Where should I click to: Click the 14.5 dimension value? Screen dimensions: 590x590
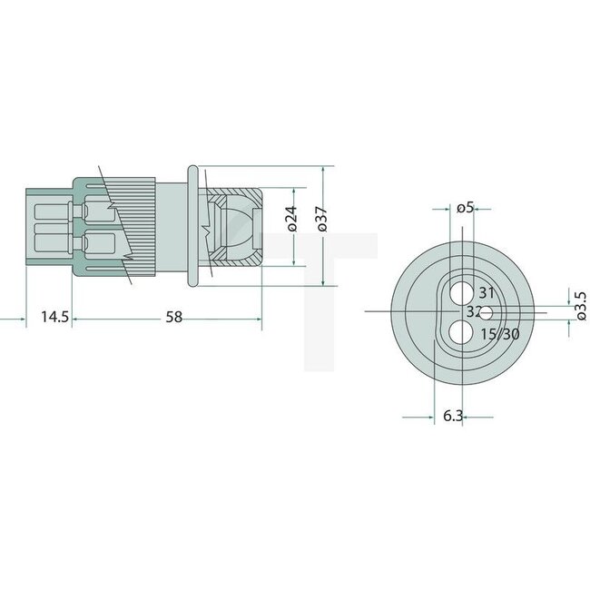(54, 317)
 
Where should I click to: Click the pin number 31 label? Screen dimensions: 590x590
(487, 292)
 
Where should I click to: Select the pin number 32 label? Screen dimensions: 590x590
(473, 312)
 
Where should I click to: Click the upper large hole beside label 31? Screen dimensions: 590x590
(462, 290)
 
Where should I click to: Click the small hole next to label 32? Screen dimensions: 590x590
(487, 313)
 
